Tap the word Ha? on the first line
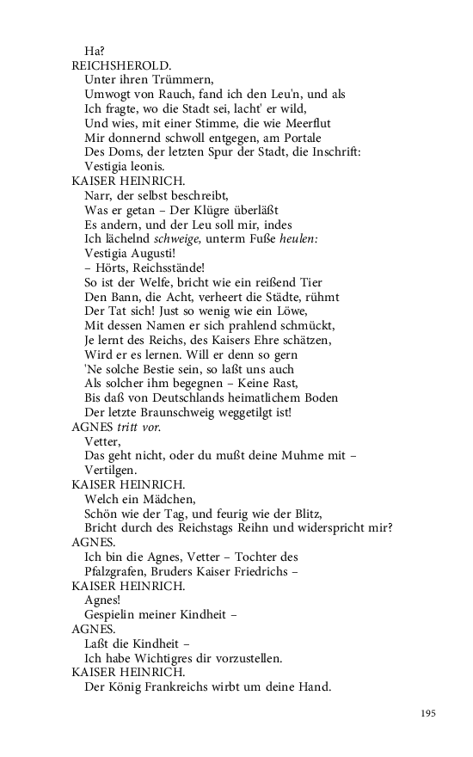[x=95, y=50]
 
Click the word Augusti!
[x=151, y=255]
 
